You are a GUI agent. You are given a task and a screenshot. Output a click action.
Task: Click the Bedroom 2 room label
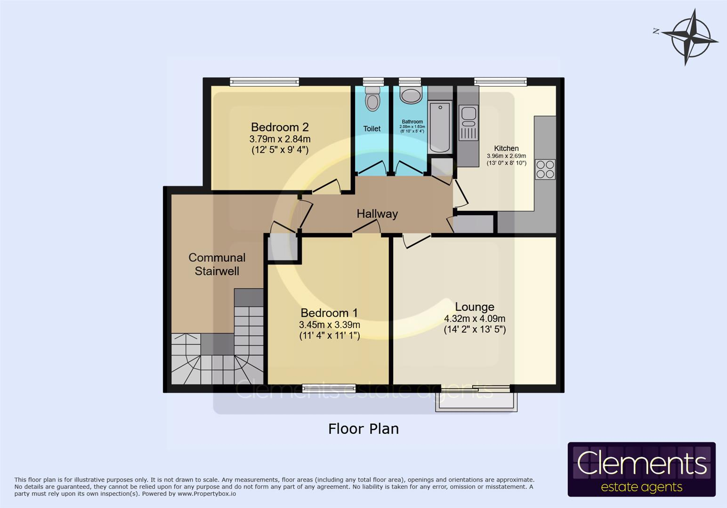pyautogui.click(x=280, y=127)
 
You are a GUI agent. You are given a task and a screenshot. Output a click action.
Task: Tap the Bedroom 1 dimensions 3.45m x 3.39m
pyautogui.click(x=329, y=325)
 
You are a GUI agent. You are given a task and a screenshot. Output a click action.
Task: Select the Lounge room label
pyautogui.click(x=475, y=307)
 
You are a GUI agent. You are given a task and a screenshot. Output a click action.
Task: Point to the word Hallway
pyautogui.click(x=377, y=214)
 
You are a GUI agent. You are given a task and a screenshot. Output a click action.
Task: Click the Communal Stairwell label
pyautogui.click(x=217, y=264)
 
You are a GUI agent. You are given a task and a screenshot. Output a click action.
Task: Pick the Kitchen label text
pyautogui.click(x=506, y=148)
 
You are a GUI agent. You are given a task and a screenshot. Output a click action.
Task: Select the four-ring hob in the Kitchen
pyautogui.click(x=545, y=169)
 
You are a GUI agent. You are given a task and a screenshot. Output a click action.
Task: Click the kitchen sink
pyautogui.click(x=469, y=113)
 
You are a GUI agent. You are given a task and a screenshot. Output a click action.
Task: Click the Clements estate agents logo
pyautogui.click(x=641, y=469)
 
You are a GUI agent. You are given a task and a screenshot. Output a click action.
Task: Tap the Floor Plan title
pyautogui.click(x=363, y=429)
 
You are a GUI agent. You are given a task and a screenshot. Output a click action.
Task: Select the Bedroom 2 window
pyautogui.click(x=264, y=82)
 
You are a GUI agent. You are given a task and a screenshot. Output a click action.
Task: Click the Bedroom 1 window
pyautogui.click(x=329, y=388)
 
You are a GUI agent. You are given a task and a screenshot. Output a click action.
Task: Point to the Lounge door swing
pyautogui.click(x=416, y=240)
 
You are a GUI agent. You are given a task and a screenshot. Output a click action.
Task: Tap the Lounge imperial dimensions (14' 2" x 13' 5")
pyautogui.click(x=475, y=329)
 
